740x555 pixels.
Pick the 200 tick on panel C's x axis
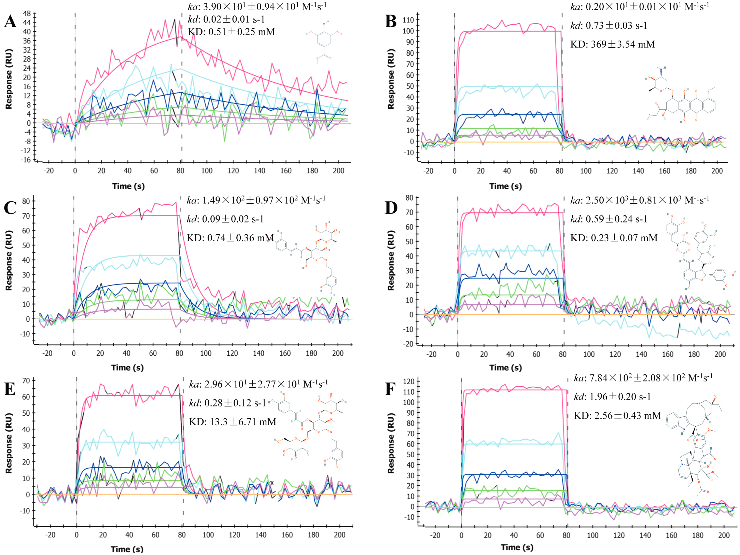pos(338,353)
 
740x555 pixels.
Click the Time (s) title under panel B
pos(505,186)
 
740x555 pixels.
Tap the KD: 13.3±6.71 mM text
pos(233,422)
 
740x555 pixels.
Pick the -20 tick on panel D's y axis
pos(409,344)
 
